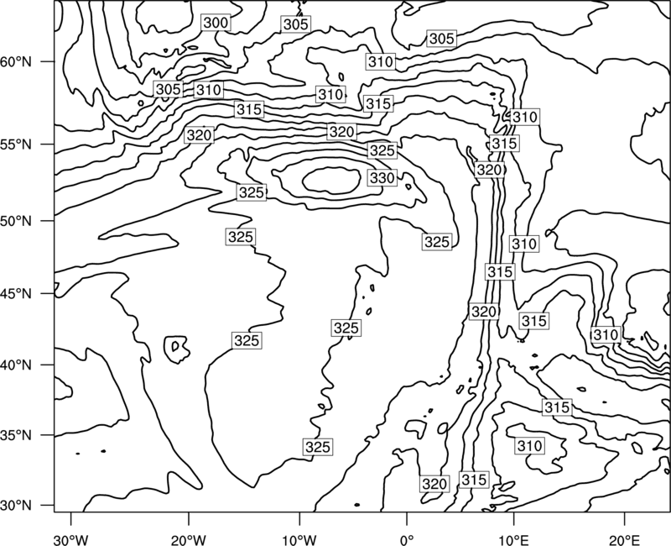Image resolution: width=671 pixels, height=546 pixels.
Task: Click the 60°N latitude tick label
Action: click(x=16, y=62)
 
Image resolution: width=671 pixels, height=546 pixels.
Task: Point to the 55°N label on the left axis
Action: click(x=16, y=144)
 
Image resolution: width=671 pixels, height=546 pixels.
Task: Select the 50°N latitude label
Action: click(x=16, y=221)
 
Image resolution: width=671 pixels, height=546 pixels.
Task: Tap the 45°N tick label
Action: click(x=16, y=294)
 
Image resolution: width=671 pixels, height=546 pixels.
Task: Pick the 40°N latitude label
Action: click(x=16, y=365)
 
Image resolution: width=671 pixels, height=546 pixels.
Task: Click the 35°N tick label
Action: click(x=16, y=435)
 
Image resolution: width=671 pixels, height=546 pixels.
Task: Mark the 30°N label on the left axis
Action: click(x=16, y=506)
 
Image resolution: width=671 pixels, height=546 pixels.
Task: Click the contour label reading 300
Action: click(x=216, y=23)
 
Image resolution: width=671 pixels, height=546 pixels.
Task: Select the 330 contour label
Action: click(x=382, y=177)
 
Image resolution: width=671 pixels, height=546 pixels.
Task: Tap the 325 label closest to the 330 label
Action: click(x=382, y=150)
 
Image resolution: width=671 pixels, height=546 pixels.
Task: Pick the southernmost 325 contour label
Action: click(x=318, y=447)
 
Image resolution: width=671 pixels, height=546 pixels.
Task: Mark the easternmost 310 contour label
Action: click(x=606, y=334)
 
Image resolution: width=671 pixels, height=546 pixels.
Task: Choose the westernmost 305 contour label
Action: click(x=169, y=90)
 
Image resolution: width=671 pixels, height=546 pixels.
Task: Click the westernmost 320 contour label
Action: click(x=199, y=135)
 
